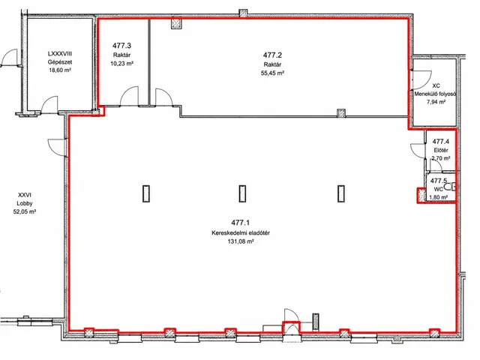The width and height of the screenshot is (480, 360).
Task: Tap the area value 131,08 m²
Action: pyautogui.click(x=241, y=241)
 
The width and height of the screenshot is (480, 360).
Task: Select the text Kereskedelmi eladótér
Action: pyautogui.click(x=241, y=233)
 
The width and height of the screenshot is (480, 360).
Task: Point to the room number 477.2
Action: pyautogui.click(x=272, y=55)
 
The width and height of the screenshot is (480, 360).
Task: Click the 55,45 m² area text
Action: pyautogui.click(x=272, y=73)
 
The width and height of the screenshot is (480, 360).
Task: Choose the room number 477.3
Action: pyautogui.click(x=121, y=46)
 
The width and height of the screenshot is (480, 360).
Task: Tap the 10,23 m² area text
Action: pyautogui.click(x=121, y=64)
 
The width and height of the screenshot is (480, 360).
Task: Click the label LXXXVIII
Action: pyautogui.click(x=60, y=53)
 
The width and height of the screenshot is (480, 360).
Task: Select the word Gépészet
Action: pyautogui.click(x=60, y=61)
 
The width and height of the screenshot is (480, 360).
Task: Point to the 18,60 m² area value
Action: pyautogui.click(x=60, y=70)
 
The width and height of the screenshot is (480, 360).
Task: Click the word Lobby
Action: pyautogui.click(x=25, y=203)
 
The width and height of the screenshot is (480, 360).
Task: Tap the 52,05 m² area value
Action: pyautogui.click(x=25, y=211)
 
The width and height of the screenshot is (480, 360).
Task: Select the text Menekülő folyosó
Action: pyautogui.click(x=435, y=94)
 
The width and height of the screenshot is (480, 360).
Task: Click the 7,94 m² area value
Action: pyautogui.click(x=436, y=102)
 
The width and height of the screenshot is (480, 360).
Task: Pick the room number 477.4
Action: pyautogui.click(x=441, y=142)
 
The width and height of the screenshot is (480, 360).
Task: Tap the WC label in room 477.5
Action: pyautogui.click(x=438, y=189)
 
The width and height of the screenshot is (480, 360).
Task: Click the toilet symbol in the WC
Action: pyautogui.click(x=450, y=187)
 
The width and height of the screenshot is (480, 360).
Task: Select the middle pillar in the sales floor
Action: pyautogui.click(x=242, y=193)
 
